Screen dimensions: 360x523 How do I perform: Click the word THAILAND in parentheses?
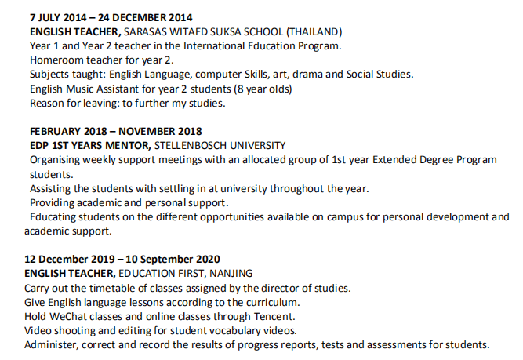click(314, 32)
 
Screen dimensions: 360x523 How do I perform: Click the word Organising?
click(57, 160)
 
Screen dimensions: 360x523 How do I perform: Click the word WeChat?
click(68, 316)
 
